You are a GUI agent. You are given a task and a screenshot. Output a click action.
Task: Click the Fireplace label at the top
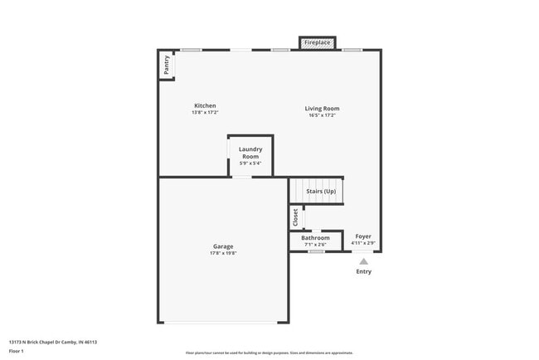pos(318,42)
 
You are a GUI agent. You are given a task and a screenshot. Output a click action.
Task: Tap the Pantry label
pos(167,66)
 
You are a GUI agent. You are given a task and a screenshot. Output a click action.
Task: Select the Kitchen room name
pos(205,106)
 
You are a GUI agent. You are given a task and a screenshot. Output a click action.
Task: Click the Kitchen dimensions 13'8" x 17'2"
pos(205,114)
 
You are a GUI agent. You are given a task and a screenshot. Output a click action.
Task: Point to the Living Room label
pos(322,109)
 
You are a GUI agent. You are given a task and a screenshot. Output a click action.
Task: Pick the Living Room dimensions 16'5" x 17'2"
pos(322,115)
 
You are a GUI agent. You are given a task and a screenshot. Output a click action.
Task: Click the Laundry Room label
pos(250,153)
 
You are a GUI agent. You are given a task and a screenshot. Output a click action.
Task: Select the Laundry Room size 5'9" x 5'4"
pos(250,163)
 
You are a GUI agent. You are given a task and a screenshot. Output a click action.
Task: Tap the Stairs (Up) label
pos(321,192)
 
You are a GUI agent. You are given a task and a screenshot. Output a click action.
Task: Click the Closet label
pos(295,217)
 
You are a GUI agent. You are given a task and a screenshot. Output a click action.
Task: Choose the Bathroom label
pos(315,238)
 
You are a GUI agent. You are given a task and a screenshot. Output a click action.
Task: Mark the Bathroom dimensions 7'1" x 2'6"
pos(315,245)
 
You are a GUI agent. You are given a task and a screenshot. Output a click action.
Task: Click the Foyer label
pos(363,236)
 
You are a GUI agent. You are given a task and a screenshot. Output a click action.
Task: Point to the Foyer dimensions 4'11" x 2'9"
pos(363,243)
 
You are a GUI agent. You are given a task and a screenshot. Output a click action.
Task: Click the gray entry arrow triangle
pos(363,261)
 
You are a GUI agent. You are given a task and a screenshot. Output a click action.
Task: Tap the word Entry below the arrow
pos(364,272)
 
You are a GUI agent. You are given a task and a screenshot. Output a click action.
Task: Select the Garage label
pos(223,246)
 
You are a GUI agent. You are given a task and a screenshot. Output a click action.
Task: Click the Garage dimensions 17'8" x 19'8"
pos(223,254)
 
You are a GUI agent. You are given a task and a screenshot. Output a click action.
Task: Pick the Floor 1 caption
pos(16,351)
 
